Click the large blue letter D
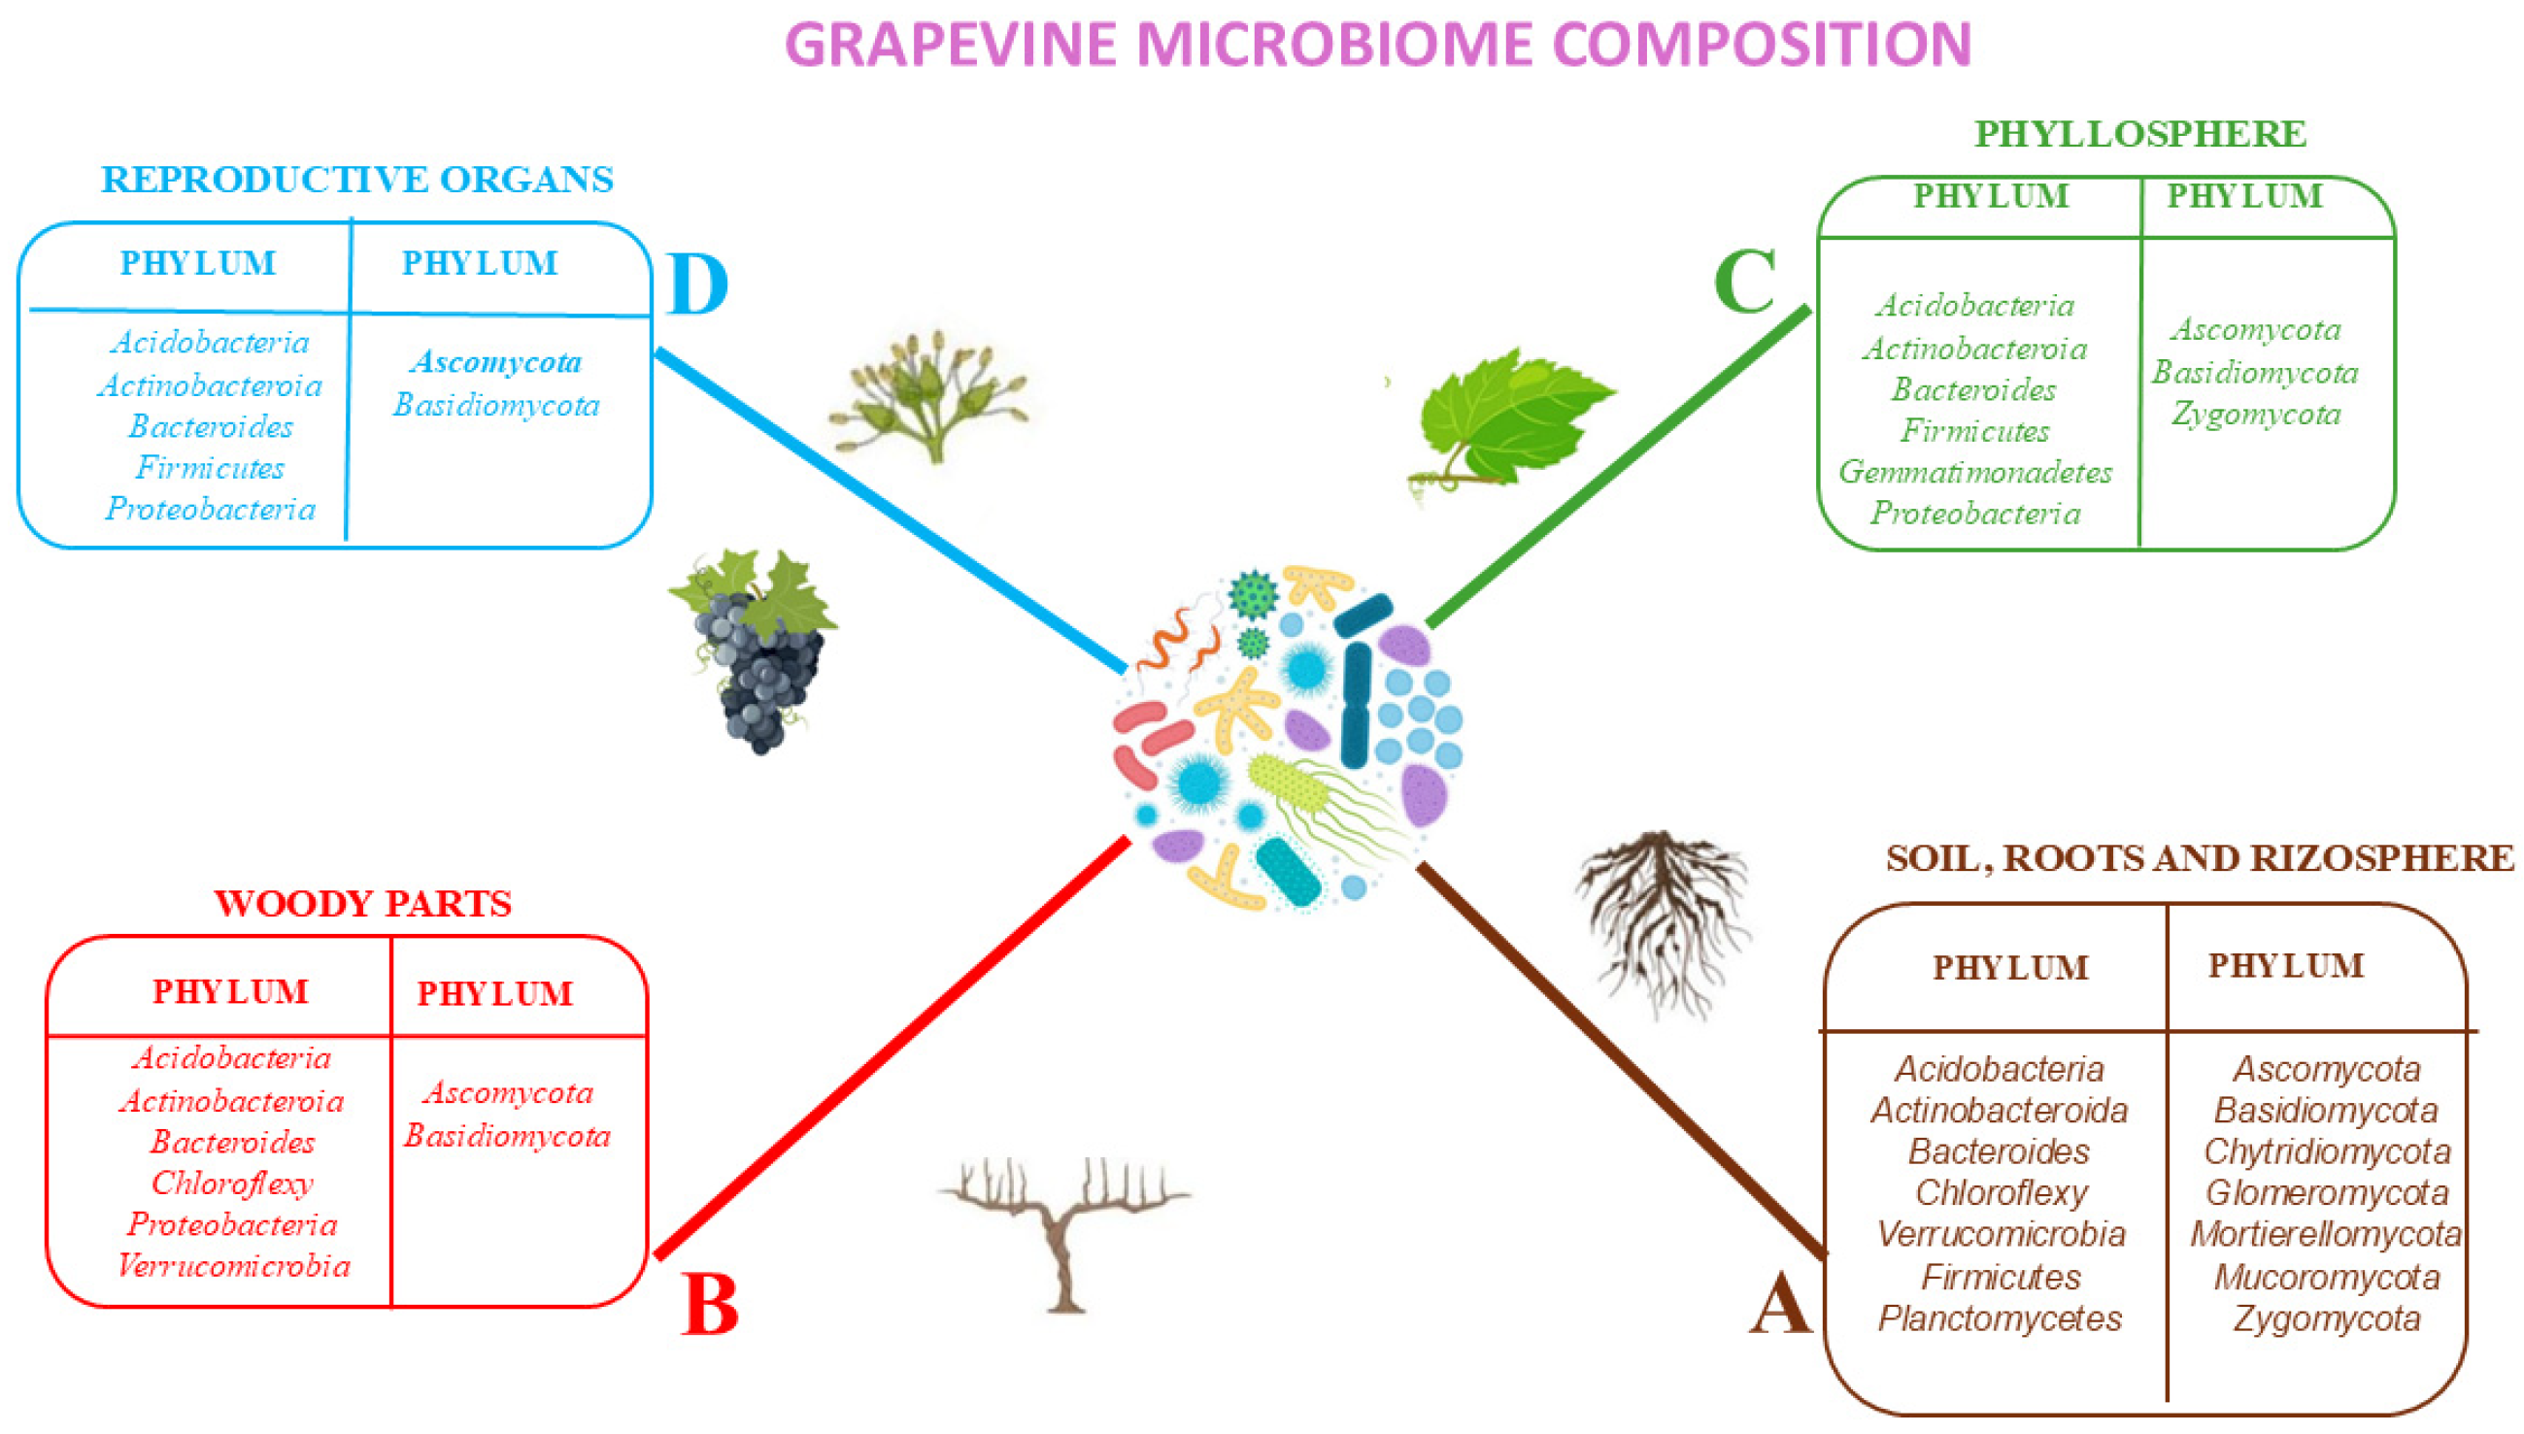(x=696, y=284)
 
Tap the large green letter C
(x=1744, y=282)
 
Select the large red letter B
(x=709, y=1305)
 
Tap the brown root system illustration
(x=1663, y=920)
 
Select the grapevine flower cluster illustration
(x=931, y=394)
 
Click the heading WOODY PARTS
(x=362, y=904)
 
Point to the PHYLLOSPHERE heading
(x=2139, y=134)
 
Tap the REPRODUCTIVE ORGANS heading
(x=356, y=180)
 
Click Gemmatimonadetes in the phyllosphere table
(x=1975, y=472)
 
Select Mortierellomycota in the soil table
(x=2325, y=1234)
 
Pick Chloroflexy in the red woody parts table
(x=232, y=1183)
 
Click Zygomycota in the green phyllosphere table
(x=2256, y=414)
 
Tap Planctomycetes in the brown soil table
(x=2000, y=1317)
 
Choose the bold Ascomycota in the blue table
(x=496, y=362)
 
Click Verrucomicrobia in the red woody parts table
(x=233, y=1266)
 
